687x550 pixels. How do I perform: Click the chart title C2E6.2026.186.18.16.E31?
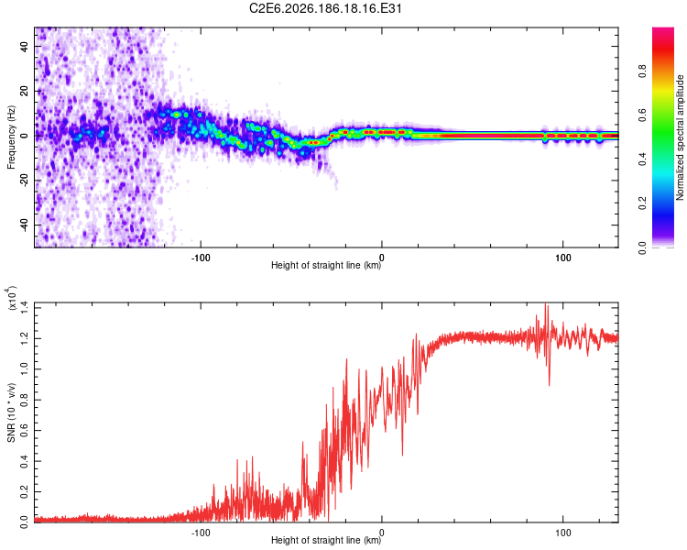(x=325, y=8)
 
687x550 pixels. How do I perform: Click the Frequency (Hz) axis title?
(x=11, y=137)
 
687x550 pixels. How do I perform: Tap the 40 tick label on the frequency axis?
(x=24, y=46)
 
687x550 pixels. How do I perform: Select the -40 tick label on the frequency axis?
(x=24, y=226)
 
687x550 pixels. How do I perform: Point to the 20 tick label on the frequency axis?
(x=24, y=91)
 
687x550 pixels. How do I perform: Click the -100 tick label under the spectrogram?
(x=201, y=258)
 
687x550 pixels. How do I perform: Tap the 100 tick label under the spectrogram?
(x=563, y=258)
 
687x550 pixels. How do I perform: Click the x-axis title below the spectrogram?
(x=326, y=265)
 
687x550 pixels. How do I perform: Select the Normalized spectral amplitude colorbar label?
(x=680, y=137)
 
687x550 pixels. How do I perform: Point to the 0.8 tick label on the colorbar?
(x=642, y=71)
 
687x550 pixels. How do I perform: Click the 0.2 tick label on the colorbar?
(x=642, y=203)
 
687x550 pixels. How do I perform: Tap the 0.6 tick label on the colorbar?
(x=642, y=115)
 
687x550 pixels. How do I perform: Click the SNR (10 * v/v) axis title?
(x=12, y=412)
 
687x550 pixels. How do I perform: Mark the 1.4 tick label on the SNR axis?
(x=24, y=308)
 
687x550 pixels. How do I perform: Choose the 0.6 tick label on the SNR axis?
(x=24, y=430)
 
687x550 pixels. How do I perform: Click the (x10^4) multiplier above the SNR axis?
(x=11, y=298)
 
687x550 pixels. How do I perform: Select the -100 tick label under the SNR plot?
(x=201, y=533)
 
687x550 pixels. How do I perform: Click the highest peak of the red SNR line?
(x=546, y=303)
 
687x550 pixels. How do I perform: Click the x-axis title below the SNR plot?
(x=326, y=540)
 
